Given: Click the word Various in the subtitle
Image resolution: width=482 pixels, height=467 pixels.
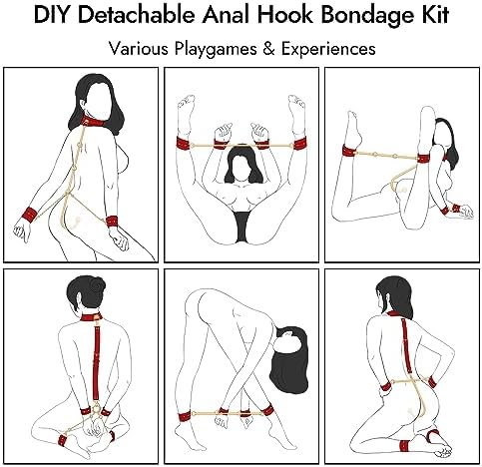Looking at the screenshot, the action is (x=139, y=49).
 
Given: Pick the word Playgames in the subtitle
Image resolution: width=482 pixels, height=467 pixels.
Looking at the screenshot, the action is (x=216, y=50).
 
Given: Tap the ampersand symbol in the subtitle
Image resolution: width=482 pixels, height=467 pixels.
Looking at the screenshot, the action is (x=268, y=49).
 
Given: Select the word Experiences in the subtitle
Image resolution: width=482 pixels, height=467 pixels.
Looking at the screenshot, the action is (x=328, y=50).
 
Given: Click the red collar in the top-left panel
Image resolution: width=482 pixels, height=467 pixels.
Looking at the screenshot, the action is (x=92, y=121).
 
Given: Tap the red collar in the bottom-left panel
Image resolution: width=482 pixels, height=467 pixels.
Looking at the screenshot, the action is (x=91, y=316).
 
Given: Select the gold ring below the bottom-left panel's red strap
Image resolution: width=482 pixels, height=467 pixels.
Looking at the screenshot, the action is (x=96, y=406).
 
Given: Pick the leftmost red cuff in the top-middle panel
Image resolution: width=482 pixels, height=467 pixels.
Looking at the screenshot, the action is (x=185, y=144).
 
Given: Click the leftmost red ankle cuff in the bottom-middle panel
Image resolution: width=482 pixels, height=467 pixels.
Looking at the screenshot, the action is (x=185, y=417).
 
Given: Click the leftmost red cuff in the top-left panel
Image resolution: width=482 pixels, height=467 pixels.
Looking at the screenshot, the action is (x=30, y=215).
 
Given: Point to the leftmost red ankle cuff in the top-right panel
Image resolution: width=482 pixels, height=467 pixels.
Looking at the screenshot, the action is (x=348, y=151).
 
